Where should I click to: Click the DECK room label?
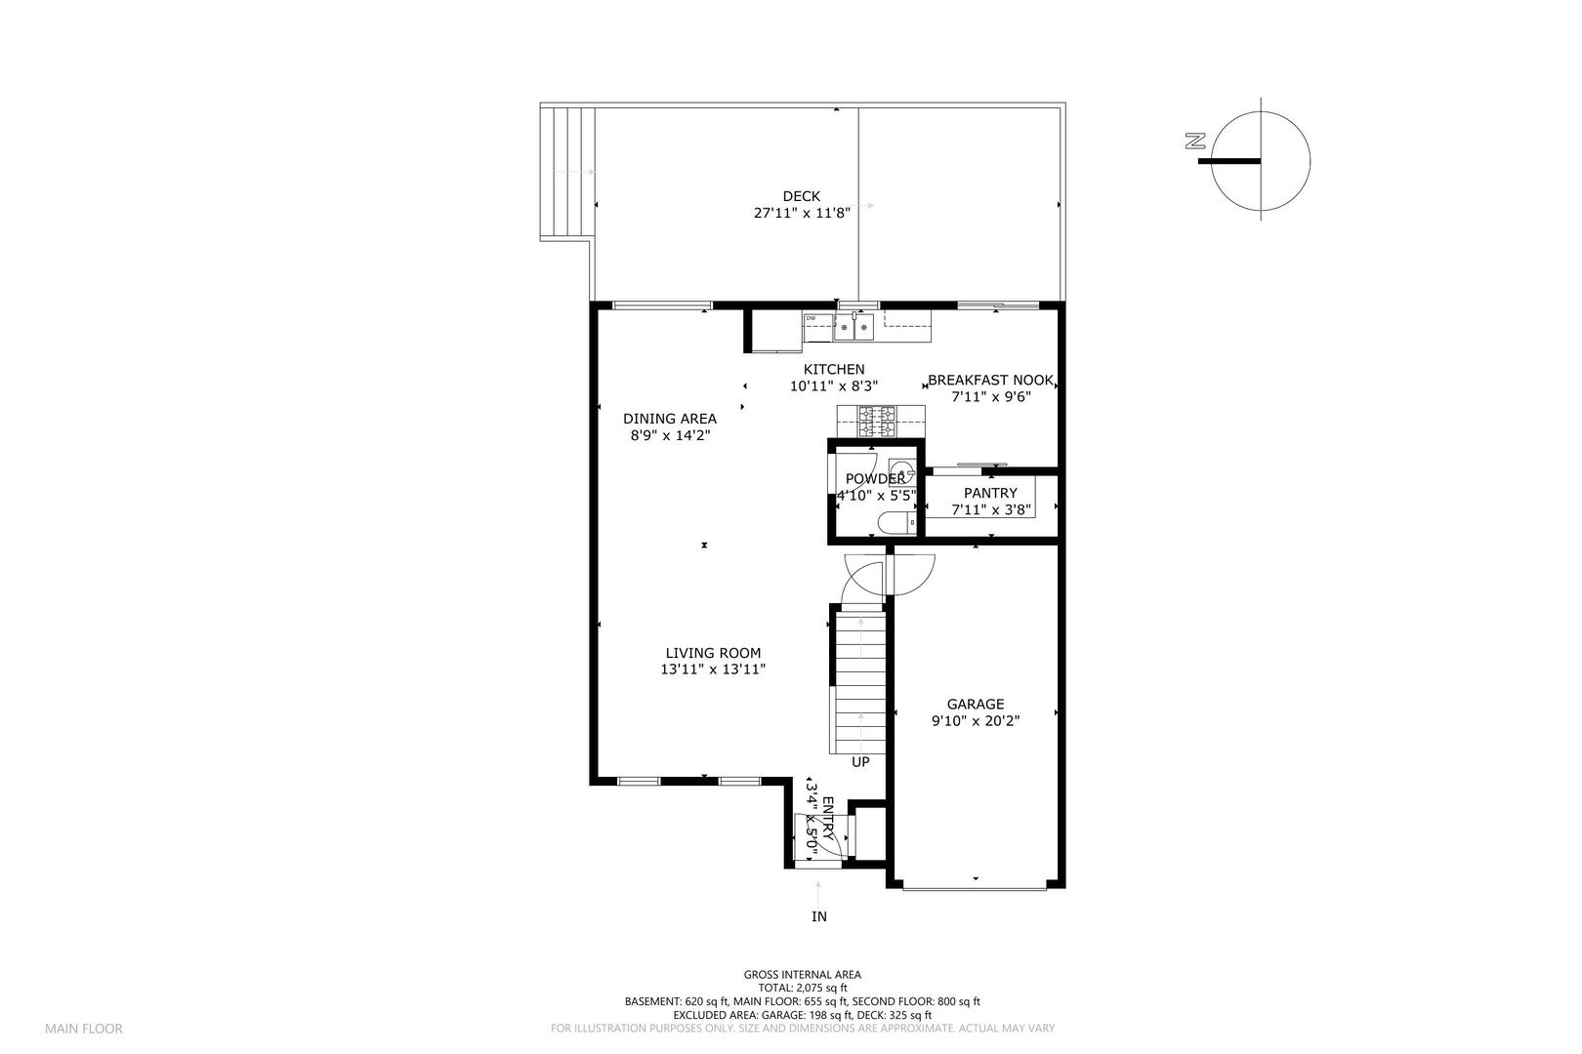(x=801, y=196)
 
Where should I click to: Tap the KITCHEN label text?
(x=833, y=370)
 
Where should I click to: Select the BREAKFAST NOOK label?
(x=990, y=381)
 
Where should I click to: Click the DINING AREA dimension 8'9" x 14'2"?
(x=669, y=435)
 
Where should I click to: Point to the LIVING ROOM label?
(x=713, y=654)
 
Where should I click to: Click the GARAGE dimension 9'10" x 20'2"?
(x=975, y=721)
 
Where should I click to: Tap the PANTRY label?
(x=990, y=493)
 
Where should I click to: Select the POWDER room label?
(x=875, y=479)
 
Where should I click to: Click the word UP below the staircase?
(x=860, y=762)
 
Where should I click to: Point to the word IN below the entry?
(x=819, y=916)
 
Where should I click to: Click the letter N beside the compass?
(x=1193, y=142)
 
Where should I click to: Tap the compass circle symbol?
(x=1261, y=161)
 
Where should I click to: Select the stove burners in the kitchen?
(x=876, y=422)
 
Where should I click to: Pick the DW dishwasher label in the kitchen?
(x=811, y=318)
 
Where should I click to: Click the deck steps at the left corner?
(x=567, y=172)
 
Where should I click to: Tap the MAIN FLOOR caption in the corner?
(x=83, y=1029)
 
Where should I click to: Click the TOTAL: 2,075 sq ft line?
(x=802, y=988)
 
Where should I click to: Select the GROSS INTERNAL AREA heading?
(x=802, y=974)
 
